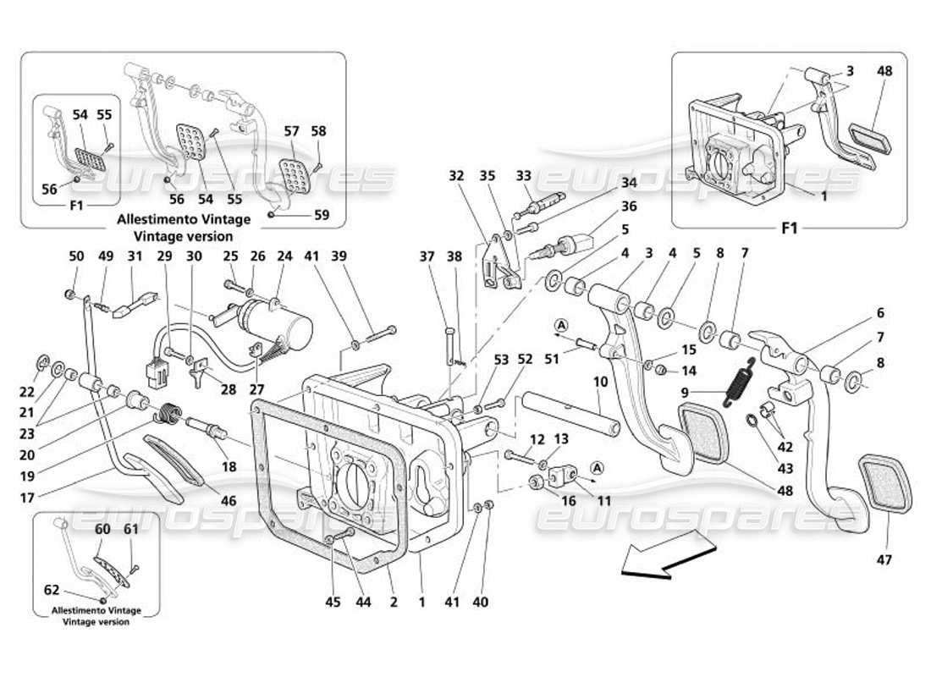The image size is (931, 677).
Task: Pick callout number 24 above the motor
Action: [284, 256]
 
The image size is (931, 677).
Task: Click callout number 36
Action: [628, 205]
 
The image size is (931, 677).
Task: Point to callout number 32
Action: [457, 176]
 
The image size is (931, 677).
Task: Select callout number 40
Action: [482, 602]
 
